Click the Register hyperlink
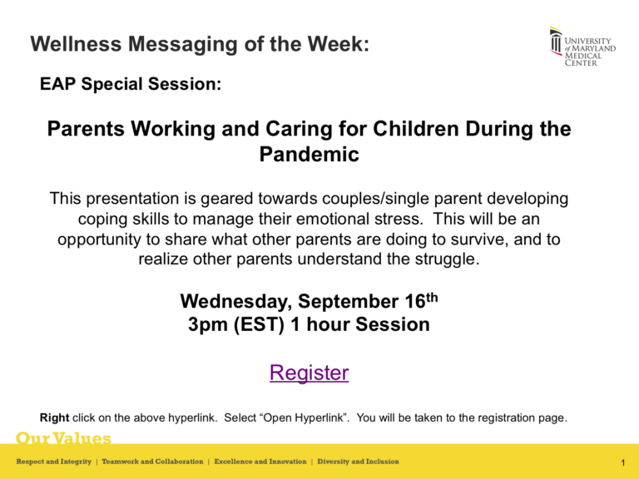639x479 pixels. coord(309,373)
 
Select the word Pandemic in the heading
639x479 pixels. coord(309,155)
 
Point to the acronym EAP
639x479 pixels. coord(57,85)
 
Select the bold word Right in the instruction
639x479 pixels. coord(54,418)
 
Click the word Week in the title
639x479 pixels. coord(336,45)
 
